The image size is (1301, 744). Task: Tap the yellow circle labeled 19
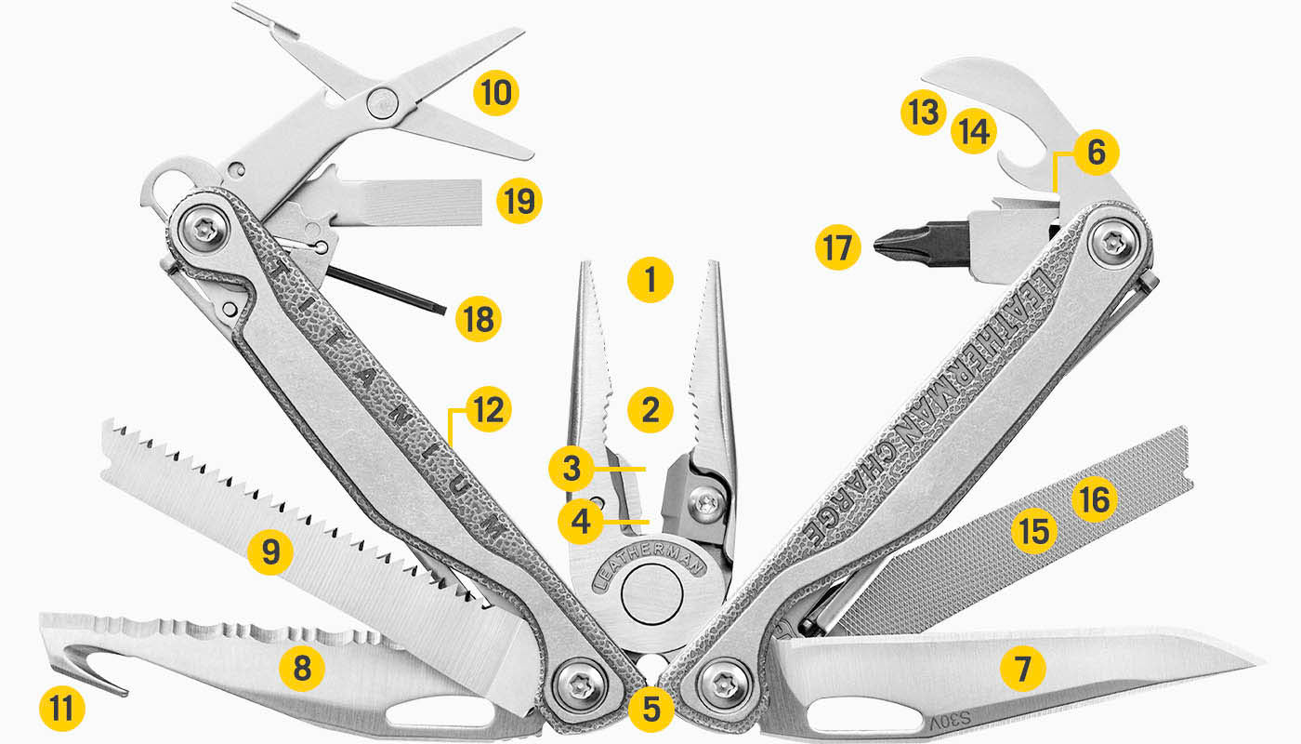pyautogui.click(x=519, y=199)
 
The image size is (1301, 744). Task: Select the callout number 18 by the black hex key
pyautogui.click(x=479, y=319)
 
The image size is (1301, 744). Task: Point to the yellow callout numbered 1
pyautogui.click(x=650, y=278)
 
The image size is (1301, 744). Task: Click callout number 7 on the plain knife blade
pyautogui.click(x=1022, y=667)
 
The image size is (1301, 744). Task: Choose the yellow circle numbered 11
pyautogui.click(x=62, y=710)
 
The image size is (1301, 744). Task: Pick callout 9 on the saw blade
pyautogui.click(x=269, y=552)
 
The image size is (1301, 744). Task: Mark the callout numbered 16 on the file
pyautogui.click(x=1094, y=500)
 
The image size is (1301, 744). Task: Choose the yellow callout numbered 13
pyautogui.click(x=923, y=113)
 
